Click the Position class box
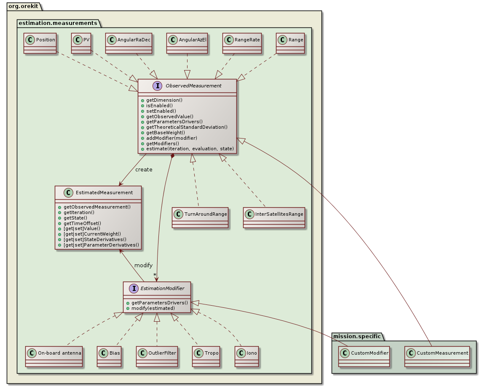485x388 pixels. [x=40, y=43]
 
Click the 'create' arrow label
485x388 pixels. [x=144, y=169]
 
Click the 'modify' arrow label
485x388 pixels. [x=143, y=265]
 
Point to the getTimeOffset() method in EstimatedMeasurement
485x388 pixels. [x=82, y=223]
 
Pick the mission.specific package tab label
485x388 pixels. [x=357, y=336]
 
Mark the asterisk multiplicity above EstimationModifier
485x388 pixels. [x=155, y=275]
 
